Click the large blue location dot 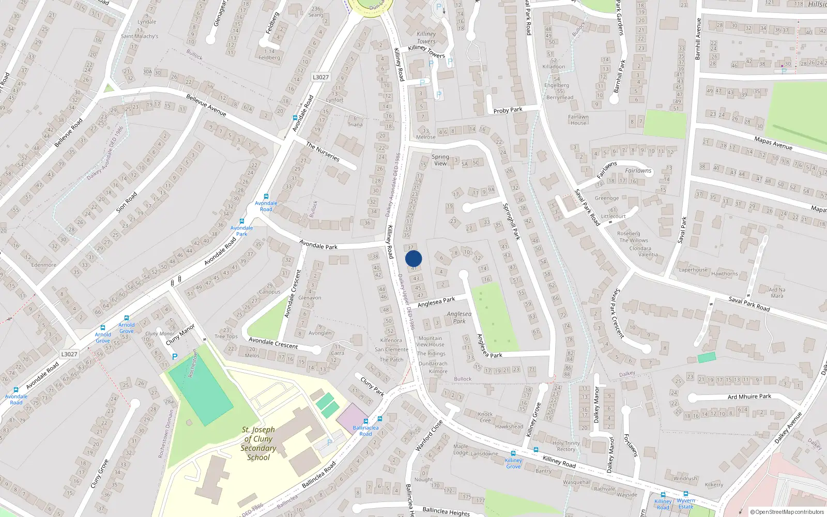[x=413, y=258]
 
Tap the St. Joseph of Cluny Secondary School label [x=258, y=444]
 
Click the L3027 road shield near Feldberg [x=320, y=77]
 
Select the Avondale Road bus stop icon [x=266, y=196]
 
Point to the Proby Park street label [x=508, y=110]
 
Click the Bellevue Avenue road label [x=206, y=105]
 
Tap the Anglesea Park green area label [x=459, y=317]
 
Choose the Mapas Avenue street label [x=773, y=143]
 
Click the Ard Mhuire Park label [x=749, y=397]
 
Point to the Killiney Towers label [x=426, y=37]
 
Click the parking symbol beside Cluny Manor [x=175, y=357]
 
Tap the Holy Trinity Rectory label [x=566, y=446]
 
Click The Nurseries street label [x=323, y=151]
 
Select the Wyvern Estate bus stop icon [x=686, y=494]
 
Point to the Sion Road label [x=127, y=202]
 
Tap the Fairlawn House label [x=578, y=120]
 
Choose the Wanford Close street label [x=429, y=435]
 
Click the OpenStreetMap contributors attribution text [x=787, y=512]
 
